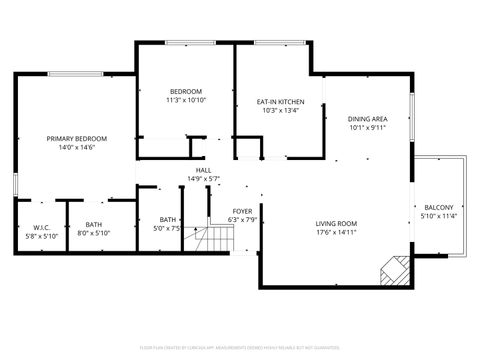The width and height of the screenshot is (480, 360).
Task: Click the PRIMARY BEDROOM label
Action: point(77,138)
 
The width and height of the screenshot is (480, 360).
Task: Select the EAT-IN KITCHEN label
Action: point(280,102)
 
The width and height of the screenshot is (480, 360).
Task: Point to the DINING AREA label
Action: point(368,119)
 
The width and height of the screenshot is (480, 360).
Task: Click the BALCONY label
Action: point(438,207)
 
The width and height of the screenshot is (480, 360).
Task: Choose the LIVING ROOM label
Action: point(336,223)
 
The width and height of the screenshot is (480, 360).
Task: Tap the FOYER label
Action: point(242,211)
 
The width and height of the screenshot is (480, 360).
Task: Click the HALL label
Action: point(203,171)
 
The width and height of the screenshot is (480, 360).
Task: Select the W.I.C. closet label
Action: point(28,227)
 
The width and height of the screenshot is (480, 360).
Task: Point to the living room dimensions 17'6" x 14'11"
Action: point(336,232)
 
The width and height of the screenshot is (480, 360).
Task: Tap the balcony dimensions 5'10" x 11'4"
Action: point(438,216)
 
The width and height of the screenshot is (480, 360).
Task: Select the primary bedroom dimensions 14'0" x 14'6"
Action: point(77,147)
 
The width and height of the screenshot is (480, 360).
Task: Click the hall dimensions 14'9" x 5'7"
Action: point(203,179)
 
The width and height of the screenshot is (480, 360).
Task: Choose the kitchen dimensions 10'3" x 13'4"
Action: point(280,111)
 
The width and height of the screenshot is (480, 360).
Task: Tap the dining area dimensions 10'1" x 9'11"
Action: point(368,128)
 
